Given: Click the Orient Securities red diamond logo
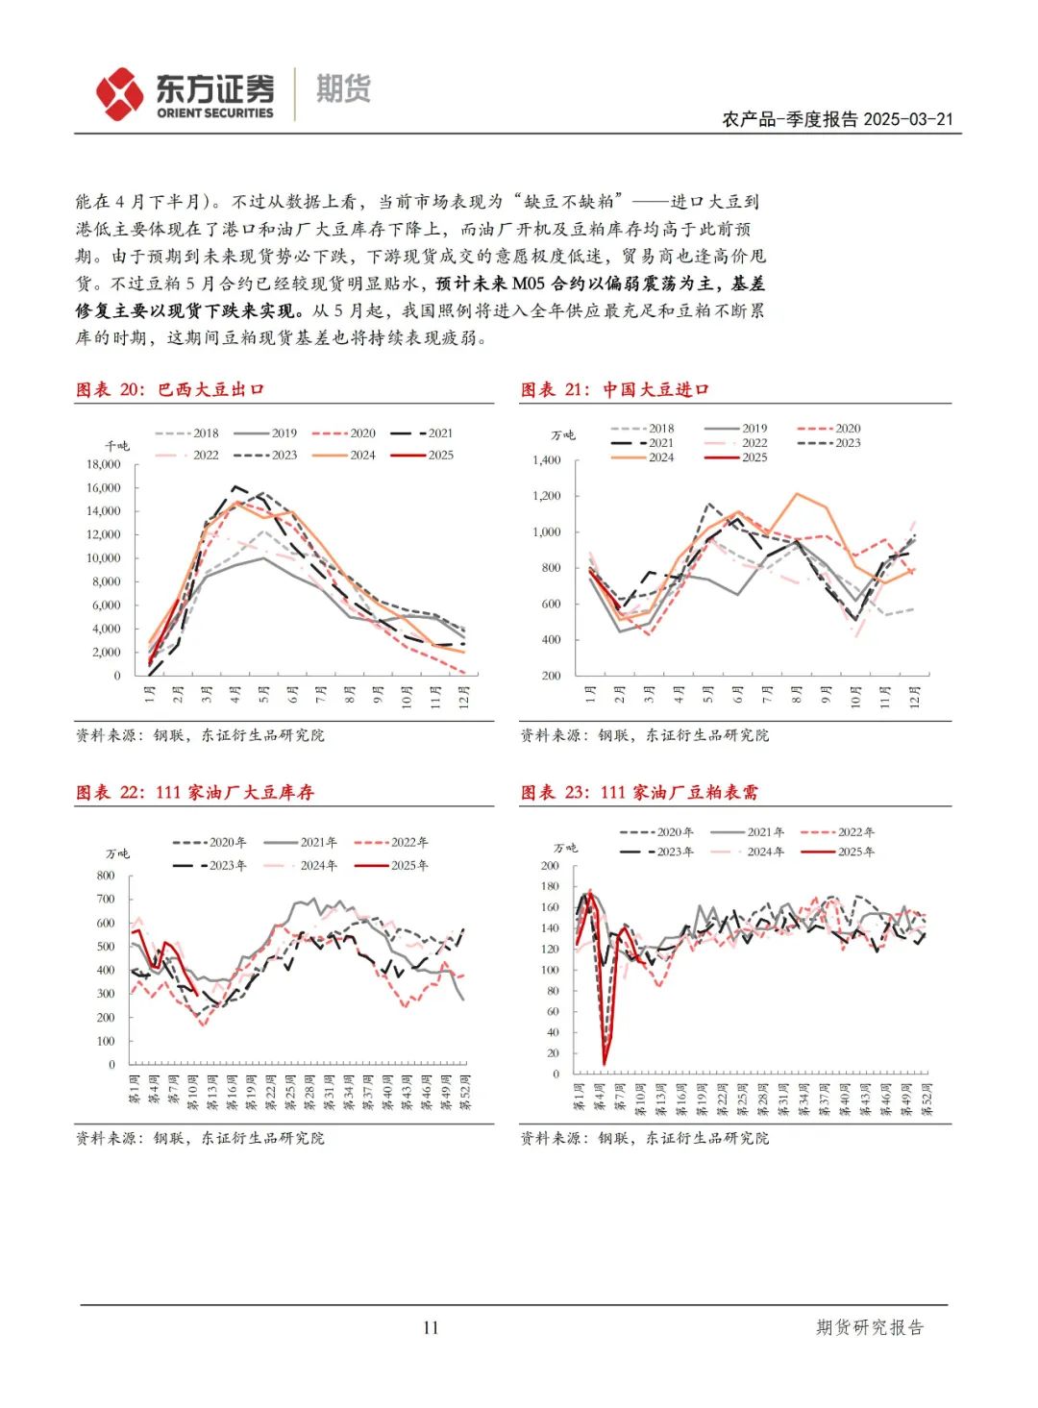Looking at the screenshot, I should pyautogui.click(x=119, y=93).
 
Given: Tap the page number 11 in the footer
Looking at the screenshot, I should pyautogui.click(x=430, y=1327).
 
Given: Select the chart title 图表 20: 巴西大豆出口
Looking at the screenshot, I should pyautogui.click(x=170, y=389).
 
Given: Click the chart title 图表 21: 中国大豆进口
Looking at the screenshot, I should pyautogui.click(x=615, y=389).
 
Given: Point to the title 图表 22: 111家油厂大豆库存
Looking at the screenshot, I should pyautogui.click(x=195, y=792).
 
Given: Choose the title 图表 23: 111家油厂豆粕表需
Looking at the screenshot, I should pyautogui.click(x=639, y=792).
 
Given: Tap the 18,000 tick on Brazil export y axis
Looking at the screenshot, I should pyautogui.click(x=104, y=464).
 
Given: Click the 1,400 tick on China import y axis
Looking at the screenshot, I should pyautogui.click(x=546, y=460).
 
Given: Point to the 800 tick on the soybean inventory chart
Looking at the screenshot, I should pyautogui.click(x=106, y=876).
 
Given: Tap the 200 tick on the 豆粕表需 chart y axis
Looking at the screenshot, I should pyautogui.click(x=550, y=866).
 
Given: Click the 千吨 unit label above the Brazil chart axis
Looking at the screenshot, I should pyautogui.click(x=117, y=446).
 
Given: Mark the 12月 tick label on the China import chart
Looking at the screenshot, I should pyautogui.click(x=915, y=694).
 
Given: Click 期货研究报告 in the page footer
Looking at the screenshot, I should pyautogui.click(x=870, y=1327).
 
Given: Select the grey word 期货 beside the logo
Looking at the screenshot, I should pyautogui.click(x=343, y=89).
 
